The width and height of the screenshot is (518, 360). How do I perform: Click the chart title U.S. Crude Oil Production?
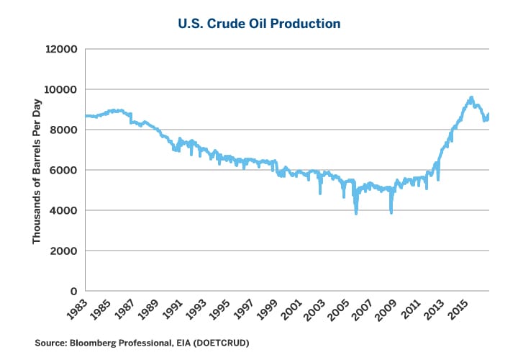[x=259, y=23]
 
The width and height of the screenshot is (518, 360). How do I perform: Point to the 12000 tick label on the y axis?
[x=61, y=50]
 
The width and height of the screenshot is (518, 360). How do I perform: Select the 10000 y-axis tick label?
[x=61, y=90]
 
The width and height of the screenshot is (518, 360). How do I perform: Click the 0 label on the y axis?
[x=73, y=292]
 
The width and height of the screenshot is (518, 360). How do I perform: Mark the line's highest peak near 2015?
[x=471, y=97]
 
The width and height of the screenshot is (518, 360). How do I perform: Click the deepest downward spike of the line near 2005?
[x=356, y=214]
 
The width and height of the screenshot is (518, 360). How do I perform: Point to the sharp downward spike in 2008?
[x=391, y=213]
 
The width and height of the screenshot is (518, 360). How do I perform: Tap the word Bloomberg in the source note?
[x=91, y=344]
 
